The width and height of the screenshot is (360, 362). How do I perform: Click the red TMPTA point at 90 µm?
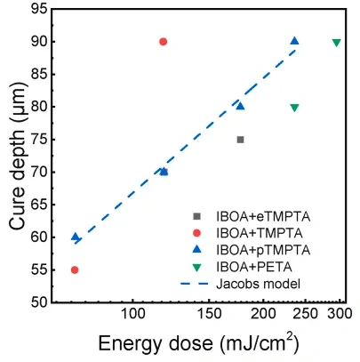pyautogui.click(x=163, y=42)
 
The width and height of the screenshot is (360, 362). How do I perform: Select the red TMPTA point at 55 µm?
pyautogui.click(x=75, y=270)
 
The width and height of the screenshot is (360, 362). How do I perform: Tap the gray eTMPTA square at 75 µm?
pyautogui.click(x=240, y=140)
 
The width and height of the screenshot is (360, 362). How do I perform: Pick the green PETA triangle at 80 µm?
pyautogui.click(x=294, y=108)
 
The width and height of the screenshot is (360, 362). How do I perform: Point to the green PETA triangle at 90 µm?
pyautogui.click(x=336, y=43)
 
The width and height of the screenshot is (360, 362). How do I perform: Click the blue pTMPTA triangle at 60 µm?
pyautogui.click(x=75, y=237)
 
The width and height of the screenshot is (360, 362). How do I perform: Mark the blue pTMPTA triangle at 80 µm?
pyautogui.click(x=240, y=106)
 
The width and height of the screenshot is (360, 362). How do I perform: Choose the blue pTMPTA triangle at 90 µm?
pyautogui.click(x=294, y=41)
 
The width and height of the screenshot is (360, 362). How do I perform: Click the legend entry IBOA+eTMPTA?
pyautogui.click(x=263, y=217)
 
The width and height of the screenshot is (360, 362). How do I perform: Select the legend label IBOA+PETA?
pyautogui.click(x=254, y=267)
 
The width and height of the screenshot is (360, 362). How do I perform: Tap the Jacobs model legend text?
pyautogui.click(x=258, y=284)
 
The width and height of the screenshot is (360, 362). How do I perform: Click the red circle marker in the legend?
pyautogui.click(x=196, y=233)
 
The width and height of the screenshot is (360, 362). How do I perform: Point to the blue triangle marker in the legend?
pyautogui.click(x=196, y=250)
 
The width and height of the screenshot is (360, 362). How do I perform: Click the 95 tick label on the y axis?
pyautogui.click(x=39, y=9)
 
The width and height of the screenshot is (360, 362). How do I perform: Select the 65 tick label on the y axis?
pyautogui.click(x=39, y=205)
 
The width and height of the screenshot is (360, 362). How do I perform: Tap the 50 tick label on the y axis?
pyautogui.click(x=39, y=302)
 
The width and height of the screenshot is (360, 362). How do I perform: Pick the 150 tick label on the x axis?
pyautogui.click(x=209, y=313)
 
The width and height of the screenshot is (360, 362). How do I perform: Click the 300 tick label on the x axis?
pyautogui.click(x=340, y=313)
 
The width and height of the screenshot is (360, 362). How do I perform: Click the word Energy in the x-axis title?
pyautogui.click(x=130, y=343)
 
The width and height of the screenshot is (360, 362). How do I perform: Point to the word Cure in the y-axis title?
pyautogui.click(x=17, y=212)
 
